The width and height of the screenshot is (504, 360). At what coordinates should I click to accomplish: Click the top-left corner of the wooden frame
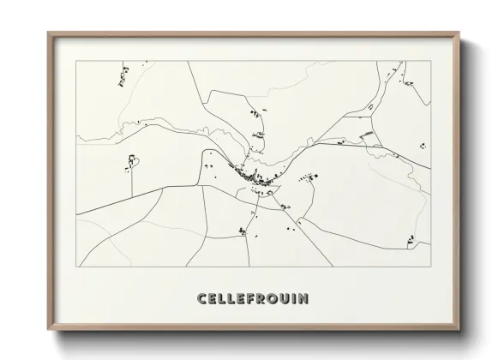click(x=49, y=33)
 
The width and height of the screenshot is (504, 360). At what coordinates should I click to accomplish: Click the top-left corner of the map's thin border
click(x=76, y=61)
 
